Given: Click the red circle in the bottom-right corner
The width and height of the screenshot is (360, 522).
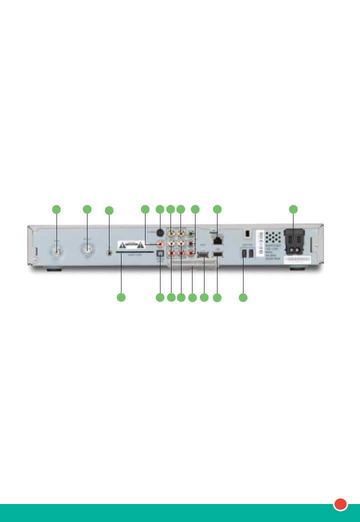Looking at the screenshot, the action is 341,504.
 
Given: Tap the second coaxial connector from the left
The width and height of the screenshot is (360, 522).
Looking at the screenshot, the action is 87,252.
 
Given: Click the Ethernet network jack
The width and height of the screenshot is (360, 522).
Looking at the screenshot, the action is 217,241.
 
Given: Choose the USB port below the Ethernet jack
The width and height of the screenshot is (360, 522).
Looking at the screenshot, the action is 217,256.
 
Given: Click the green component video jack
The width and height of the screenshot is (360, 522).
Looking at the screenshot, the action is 190,232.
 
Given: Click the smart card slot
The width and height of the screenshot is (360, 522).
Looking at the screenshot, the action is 135,252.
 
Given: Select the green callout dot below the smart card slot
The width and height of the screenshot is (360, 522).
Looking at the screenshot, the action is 120,298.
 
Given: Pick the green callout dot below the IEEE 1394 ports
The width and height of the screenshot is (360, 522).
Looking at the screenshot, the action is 243,298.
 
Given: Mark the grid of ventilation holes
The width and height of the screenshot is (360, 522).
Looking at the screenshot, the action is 272,235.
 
